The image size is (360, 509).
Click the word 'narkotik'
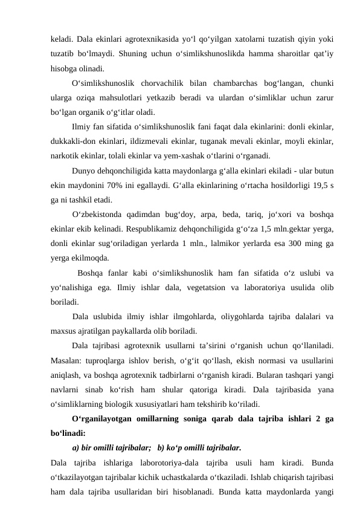click(65, 154)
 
